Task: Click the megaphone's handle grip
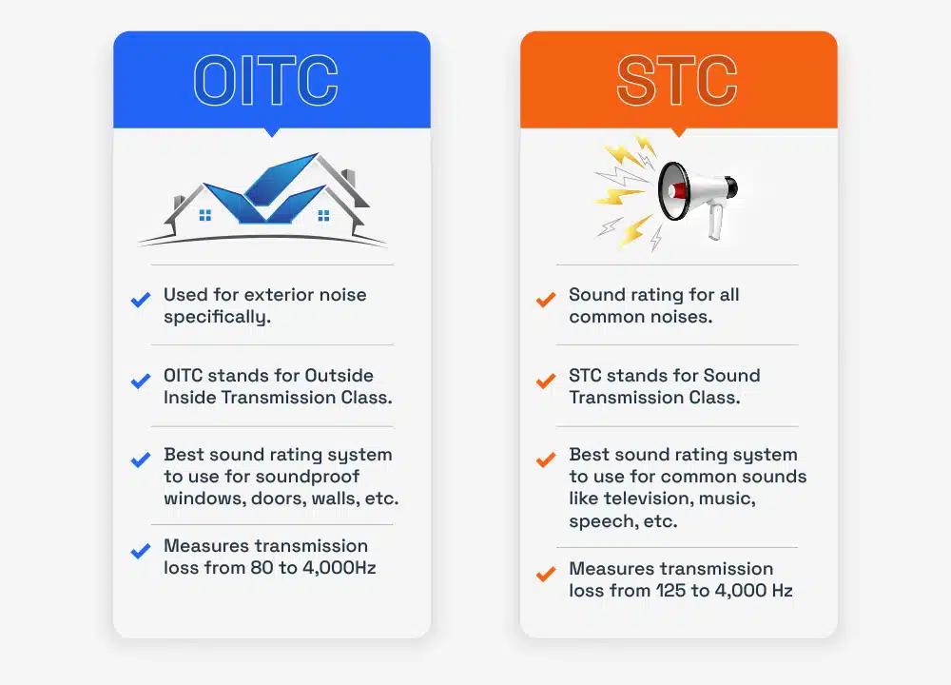715,222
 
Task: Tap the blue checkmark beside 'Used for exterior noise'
141,300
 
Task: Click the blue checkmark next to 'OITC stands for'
141,381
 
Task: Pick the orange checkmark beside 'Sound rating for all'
546,300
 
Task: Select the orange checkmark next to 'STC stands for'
546,381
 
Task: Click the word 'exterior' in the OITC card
271,295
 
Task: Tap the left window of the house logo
205,216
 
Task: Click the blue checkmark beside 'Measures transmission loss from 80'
141,551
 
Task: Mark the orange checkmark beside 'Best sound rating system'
546,460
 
